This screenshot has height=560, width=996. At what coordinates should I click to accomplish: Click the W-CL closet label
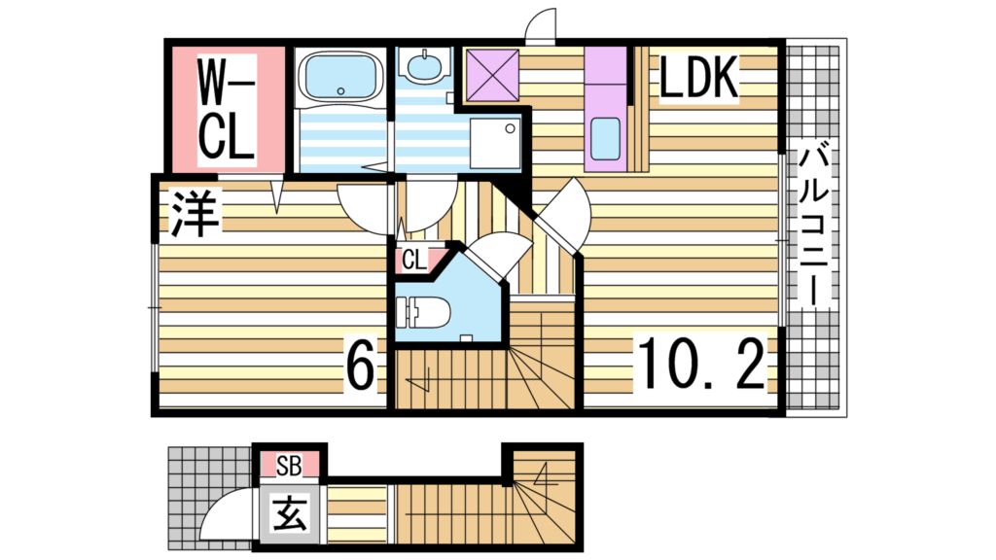pyautogui.click(x=227, y=109)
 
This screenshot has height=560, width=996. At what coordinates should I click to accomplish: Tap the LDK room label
pyautogui.click(x=699, y=80)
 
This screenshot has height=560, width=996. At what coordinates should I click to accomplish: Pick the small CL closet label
pyautogui.click(x=413, y=260)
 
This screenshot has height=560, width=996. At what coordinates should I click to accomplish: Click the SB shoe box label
pyautogui.click(x=289, y=466)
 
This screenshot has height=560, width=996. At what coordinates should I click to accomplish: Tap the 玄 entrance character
pyautogui.click(x=289, y=512)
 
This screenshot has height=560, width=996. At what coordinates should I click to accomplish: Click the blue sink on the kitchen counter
pyautogui.click(x=606, y=138)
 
